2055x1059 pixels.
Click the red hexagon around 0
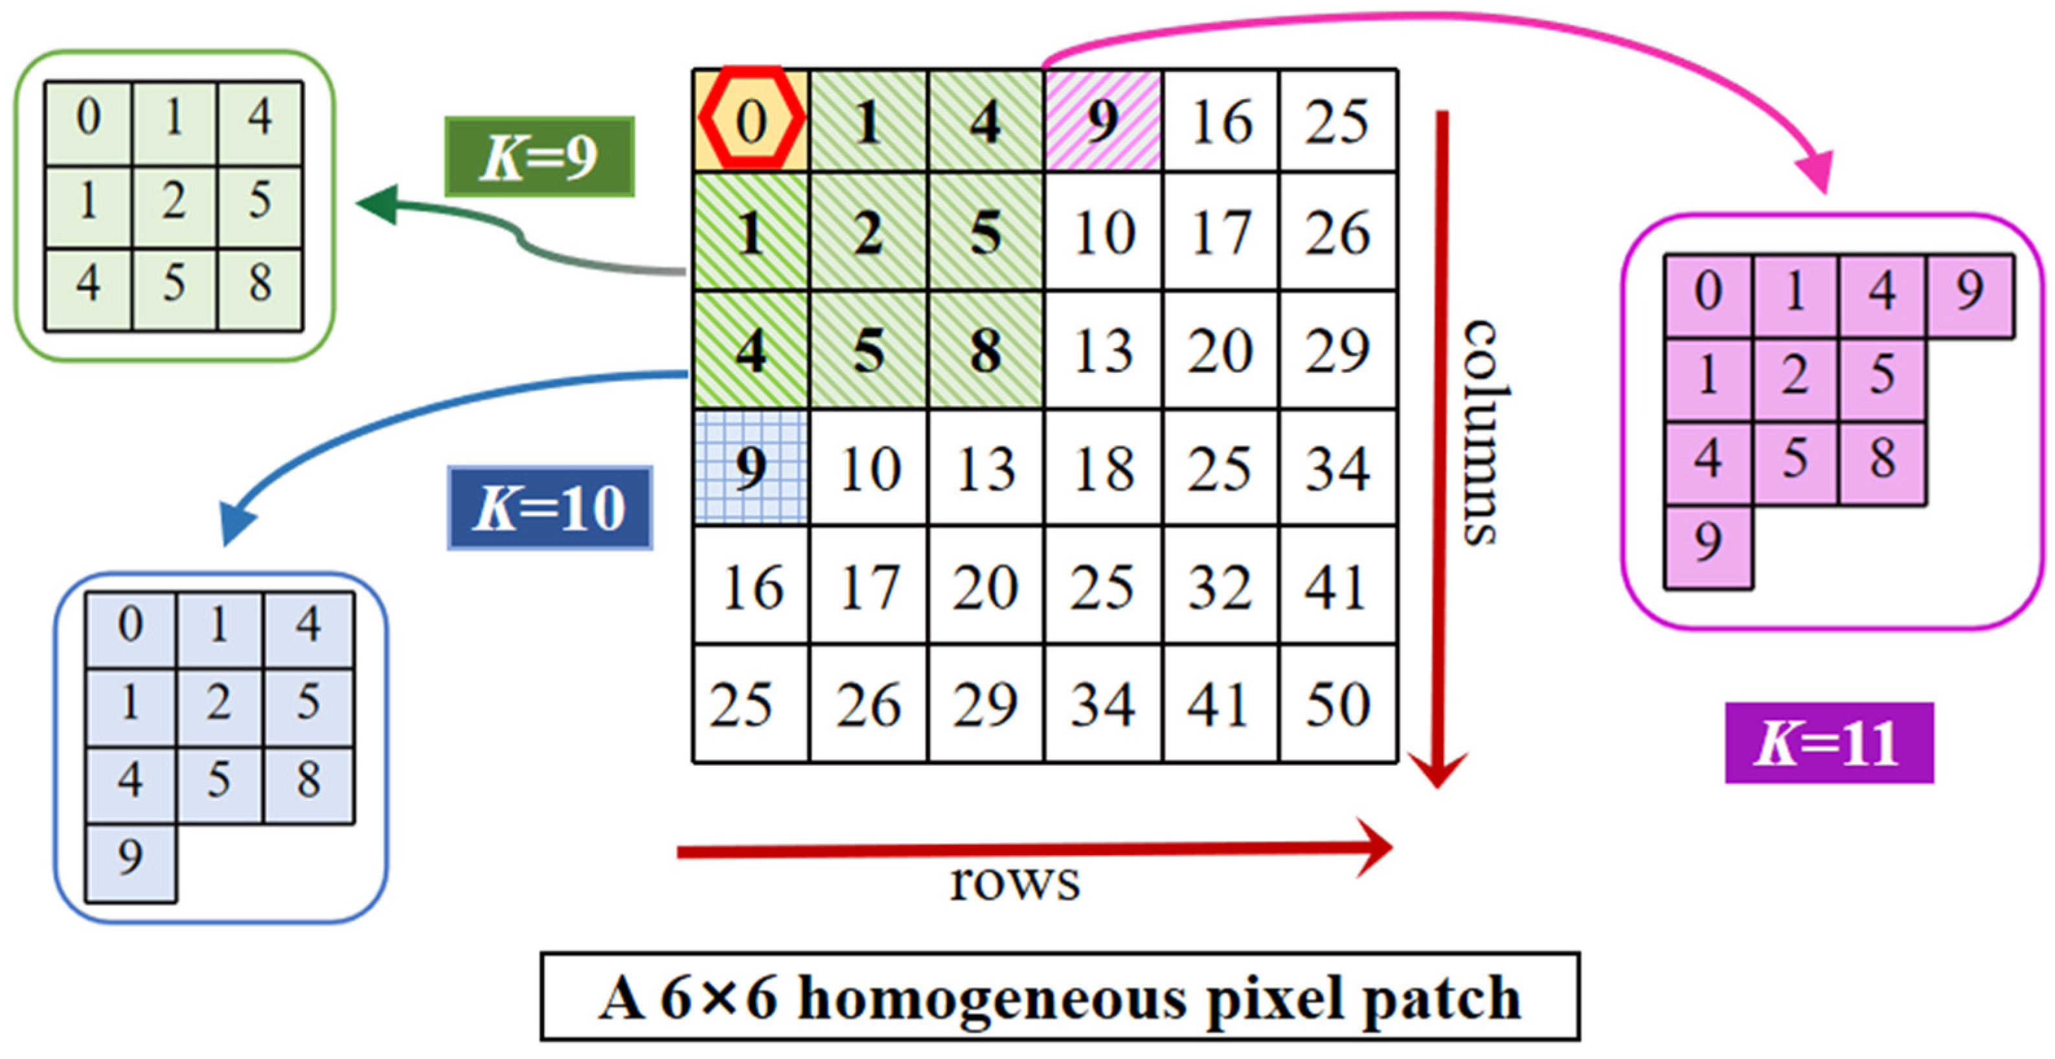tap(751, 120)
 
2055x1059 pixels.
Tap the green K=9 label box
tap(539, 157)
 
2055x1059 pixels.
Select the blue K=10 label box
tap(550, 508)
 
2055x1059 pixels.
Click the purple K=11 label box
tap(1828, 742)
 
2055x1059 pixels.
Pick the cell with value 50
tap(1338, 704)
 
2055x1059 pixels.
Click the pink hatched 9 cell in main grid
tap(1102, 121)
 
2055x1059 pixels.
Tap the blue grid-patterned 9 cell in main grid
tap(751, 467)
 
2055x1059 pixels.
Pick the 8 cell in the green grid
tap(259, 285)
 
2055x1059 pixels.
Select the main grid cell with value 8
tap(985, 351)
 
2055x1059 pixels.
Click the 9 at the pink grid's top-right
tap(1969, 292)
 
